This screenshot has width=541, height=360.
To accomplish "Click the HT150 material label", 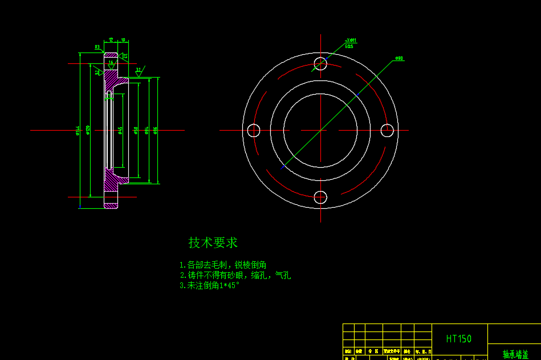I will [458, 339].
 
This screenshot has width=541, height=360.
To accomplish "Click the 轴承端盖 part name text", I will [515, 354].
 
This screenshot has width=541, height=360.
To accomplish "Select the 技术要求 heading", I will [213, 242].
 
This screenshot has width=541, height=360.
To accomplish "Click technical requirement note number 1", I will [222, 265].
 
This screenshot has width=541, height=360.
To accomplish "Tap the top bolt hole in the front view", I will [321, 63].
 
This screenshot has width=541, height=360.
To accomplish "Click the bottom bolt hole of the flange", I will [320, 197].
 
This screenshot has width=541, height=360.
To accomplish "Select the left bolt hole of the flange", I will [254, 131].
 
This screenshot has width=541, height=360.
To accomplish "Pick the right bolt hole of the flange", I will [388, 131].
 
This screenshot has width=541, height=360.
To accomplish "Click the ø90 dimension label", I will [399, 58].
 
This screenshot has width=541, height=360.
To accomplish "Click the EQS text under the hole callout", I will [349, 46].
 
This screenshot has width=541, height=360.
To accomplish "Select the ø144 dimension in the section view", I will [78, 131].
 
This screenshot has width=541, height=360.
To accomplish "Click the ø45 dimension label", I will [120, 131].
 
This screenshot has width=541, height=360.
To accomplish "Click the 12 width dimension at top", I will [111, 39].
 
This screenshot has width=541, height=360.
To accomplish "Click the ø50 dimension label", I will [136, 131].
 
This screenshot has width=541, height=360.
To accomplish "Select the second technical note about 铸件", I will [235, 275].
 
